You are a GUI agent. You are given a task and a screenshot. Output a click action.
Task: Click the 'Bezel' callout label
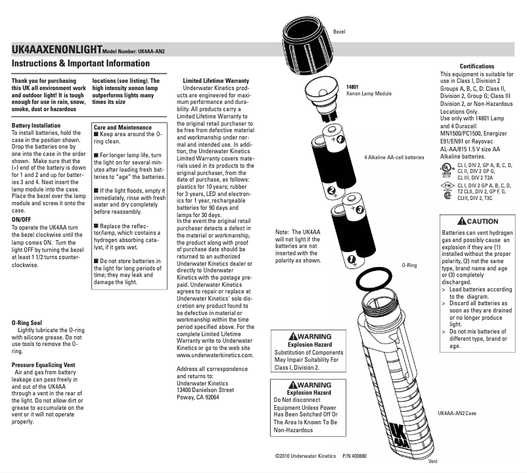(339, 31)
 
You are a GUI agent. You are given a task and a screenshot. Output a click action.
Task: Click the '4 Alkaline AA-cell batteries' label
(394, 158)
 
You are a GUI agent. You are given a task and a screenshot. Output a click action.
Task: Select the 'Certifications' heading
(476, 67)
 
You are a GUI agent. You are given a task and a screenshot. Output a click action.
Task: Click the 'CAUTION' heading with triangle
(478, 221)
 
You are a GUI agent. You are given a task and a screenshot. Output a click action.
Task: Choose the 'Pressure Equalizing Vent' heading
(47, 362)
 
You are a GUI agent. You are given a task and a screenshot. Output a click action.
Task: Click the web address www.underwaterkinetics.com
(215, 355)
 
